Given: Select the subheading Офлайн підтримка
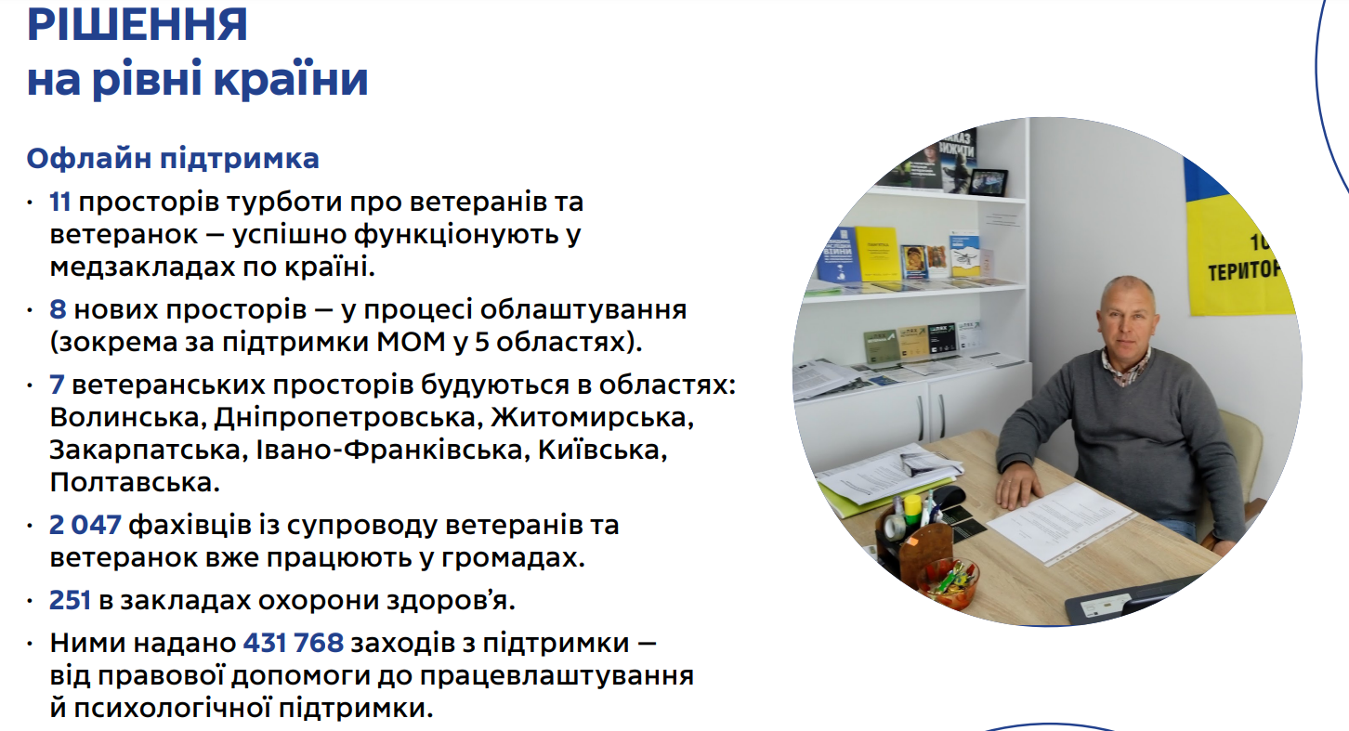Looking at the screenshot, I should point(173,159).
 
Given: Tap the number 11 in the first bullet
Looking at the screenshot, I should point(60,202).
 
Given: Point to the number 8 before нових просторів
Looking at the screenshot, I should point(59,309).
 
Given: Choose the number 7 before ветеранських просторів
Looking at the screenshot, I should point(58,385).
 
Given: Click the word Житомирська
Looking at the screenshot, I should point(591,417).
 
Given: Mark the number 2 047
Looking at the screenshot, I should point(85,526).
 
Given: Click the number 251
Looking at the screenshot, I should point(71,601).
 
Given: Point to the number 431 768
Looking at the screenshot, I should point(294,643).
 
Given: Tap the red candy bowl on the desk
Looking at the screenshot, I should point(947,581).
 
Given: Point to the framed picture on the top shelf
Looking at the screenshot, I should point(988,181).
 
